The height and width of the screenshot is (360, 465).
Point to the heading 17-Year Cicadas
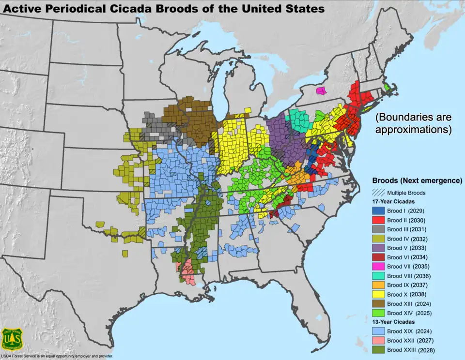[x=393, y=201]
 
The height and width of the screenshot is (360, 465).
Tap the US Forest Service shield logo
[x=12, y=340]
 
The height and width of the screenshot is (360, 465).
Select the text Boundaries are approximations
[x=414, y=123]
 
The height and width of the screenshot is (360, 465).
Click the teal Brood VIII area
[x=301, y=120]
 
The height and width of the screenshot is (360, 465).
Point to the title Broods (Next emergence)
[x=417, y=180]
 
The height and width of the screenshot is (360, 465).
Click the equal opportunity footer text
[x=57, y=357]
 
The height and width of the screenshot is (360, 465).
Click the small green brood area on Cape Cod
[x=387, y=87]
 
